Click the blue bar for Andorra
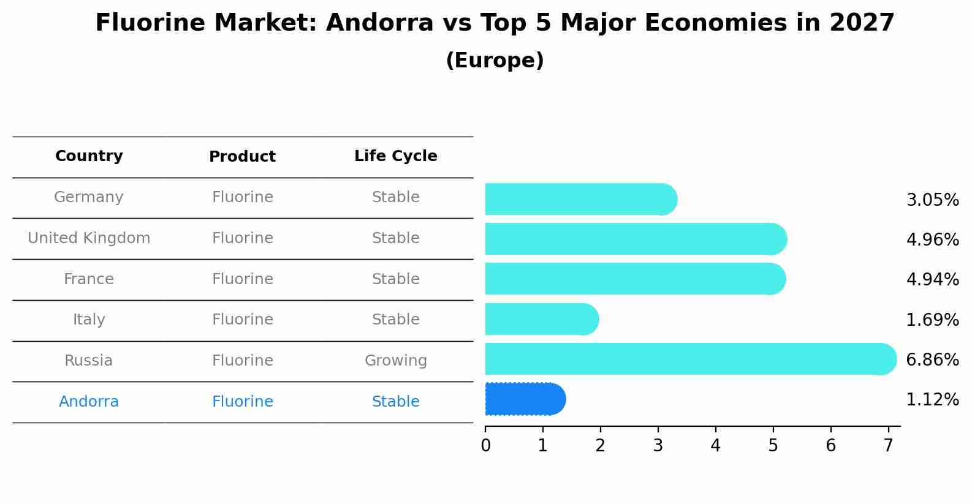pyautogui.click(x=525, y=399)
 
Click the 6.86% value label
pyautogui.click(x=932, y=359)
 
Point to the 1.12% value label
pyautogui.click(x=932, y=400)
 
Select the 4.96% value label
pyautogui.click(x=932, y=239)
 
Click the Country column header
pyautogui.click(x=89, y=156)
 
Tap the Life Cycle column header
pyautogui.click(x=395, y=156)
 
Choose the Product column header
pyautogui.click(x=242, y=157)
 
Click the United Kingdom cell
pyautogui.click(x=89, y=238)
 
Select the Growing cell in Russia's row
pyautogui.click(x=395, y=361)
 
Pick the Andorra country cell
pyautogui.click(x=89, y=402)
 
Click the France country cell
pyautogui.click(x=89, y=279)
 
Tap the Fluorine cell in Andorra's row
pyautogui.click(x=242, y=402)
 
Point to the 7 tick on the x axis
pyautogui.click(x=888, y=446)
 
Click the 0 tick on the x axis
pyautogui.click(x=485, y=446)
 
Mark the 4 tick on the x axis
pyautogui.click(x=715, y=446)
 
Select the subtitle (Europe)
pyautogui.click(x=495, y=61)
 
